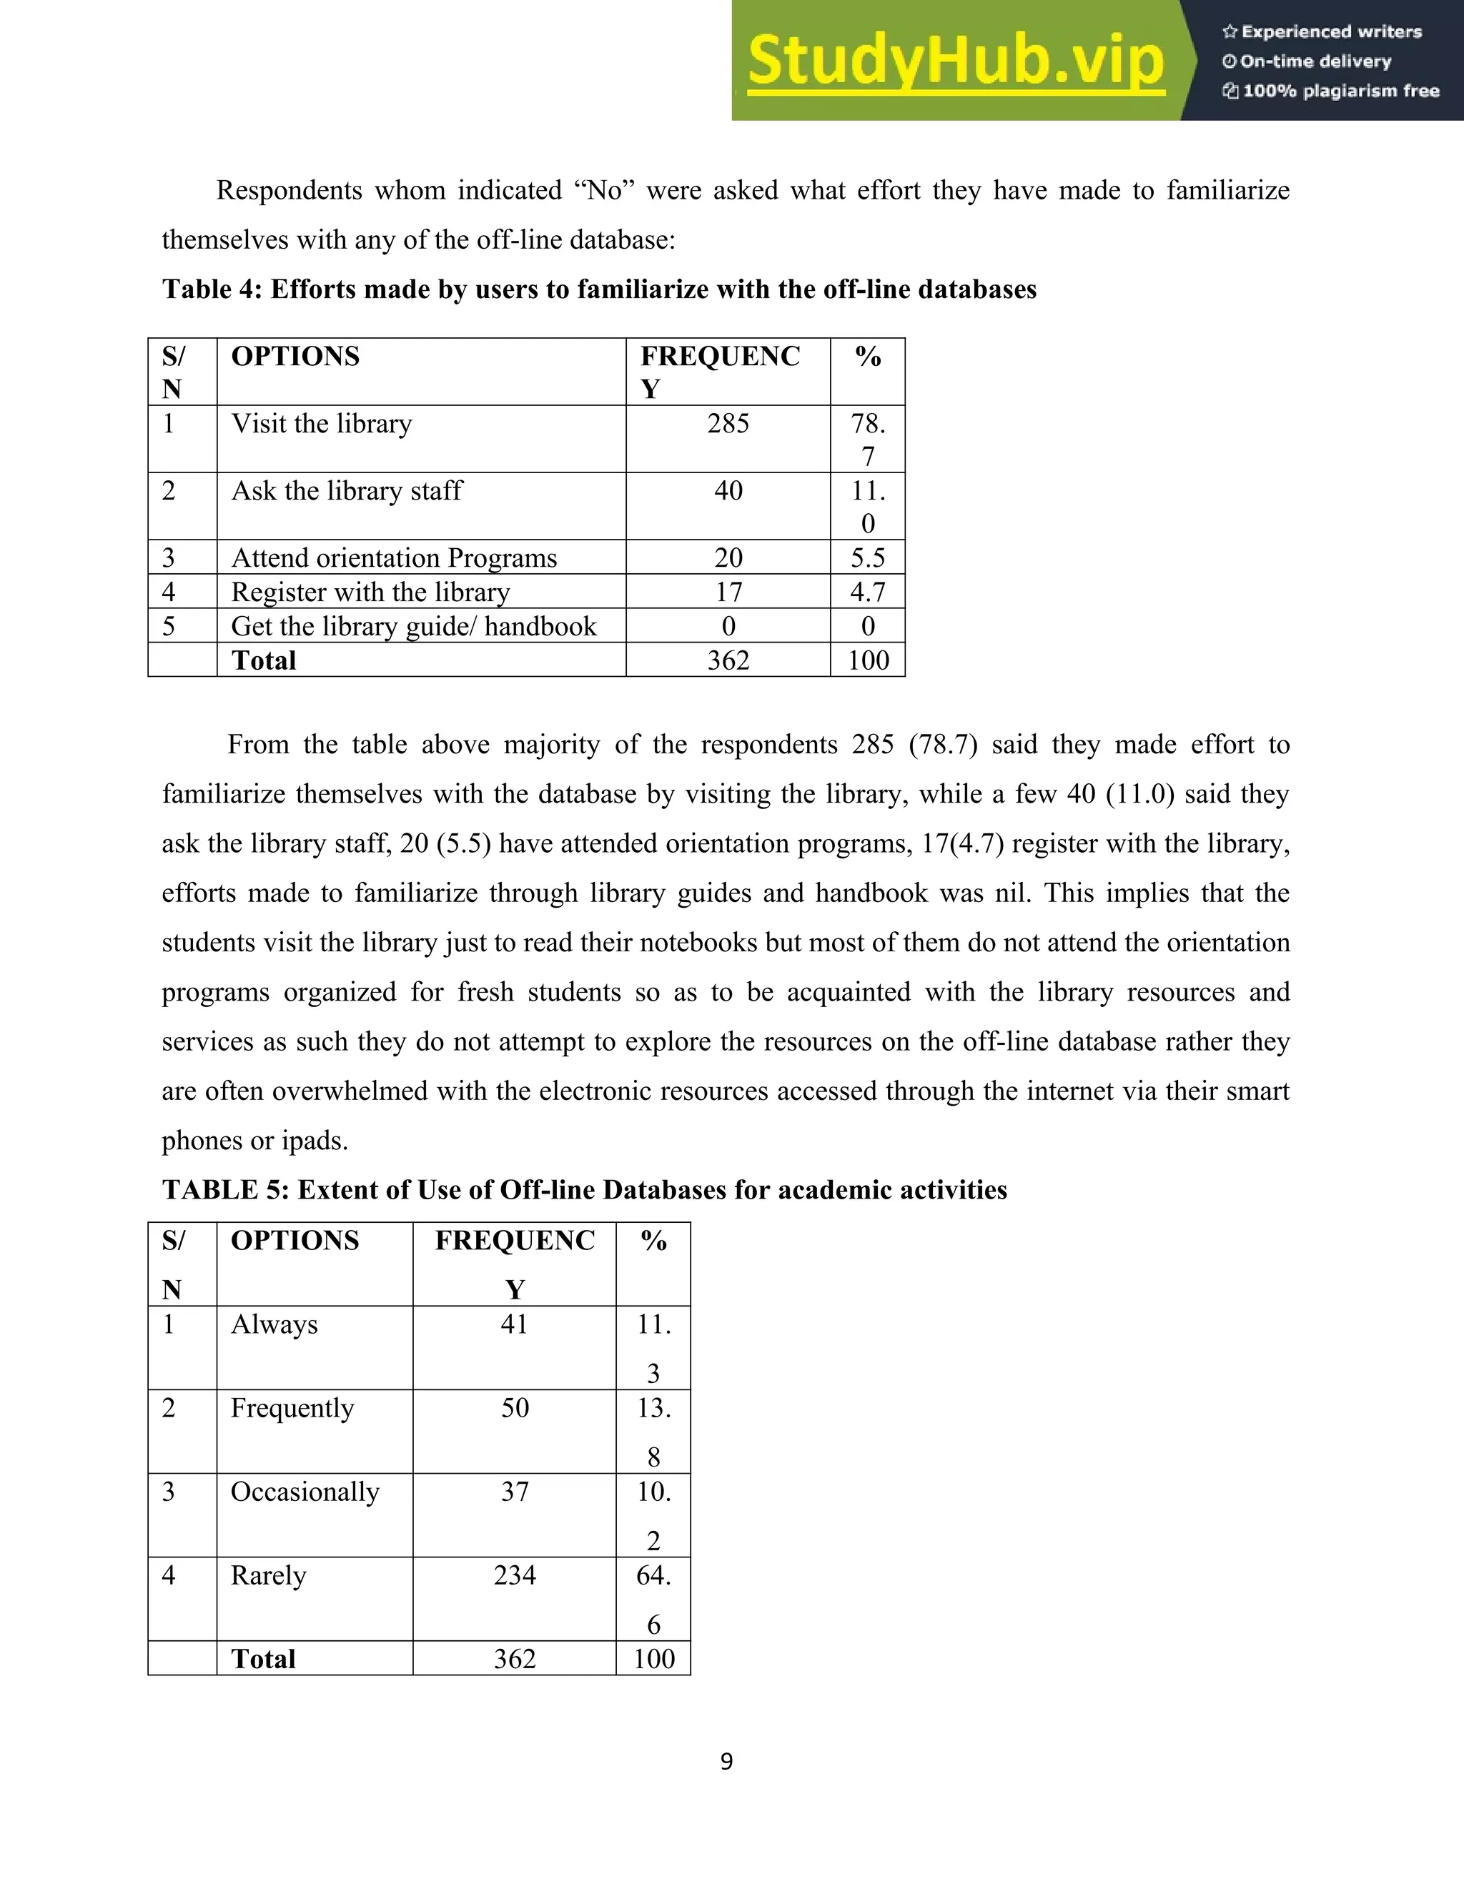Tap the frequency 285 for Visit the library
(x=728, y=424)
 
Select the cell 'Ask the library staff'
(x=347, y=491)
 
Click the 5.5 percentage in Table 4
(x=867, y=557)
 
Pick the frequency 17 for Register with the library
(x=728, y=593)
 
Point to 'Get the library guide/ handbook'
(x=414, y=626)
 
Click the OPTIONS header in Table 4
(x=295, y=357)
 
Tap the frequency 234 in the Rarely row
(x=514, y=1575)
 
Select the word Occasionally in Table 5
(x=305, y=1492)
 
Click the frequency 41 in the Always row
(x=514, y=1324)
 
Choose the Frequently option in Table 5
(x=292, y=1407)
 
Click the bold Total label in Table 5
(x=264, y=1659)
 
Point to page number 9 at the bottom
(x=727, y=1761)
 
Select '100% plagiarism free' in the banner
(x=1340, y=91)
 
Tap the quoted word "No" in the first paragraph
(x=605, y=191)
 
